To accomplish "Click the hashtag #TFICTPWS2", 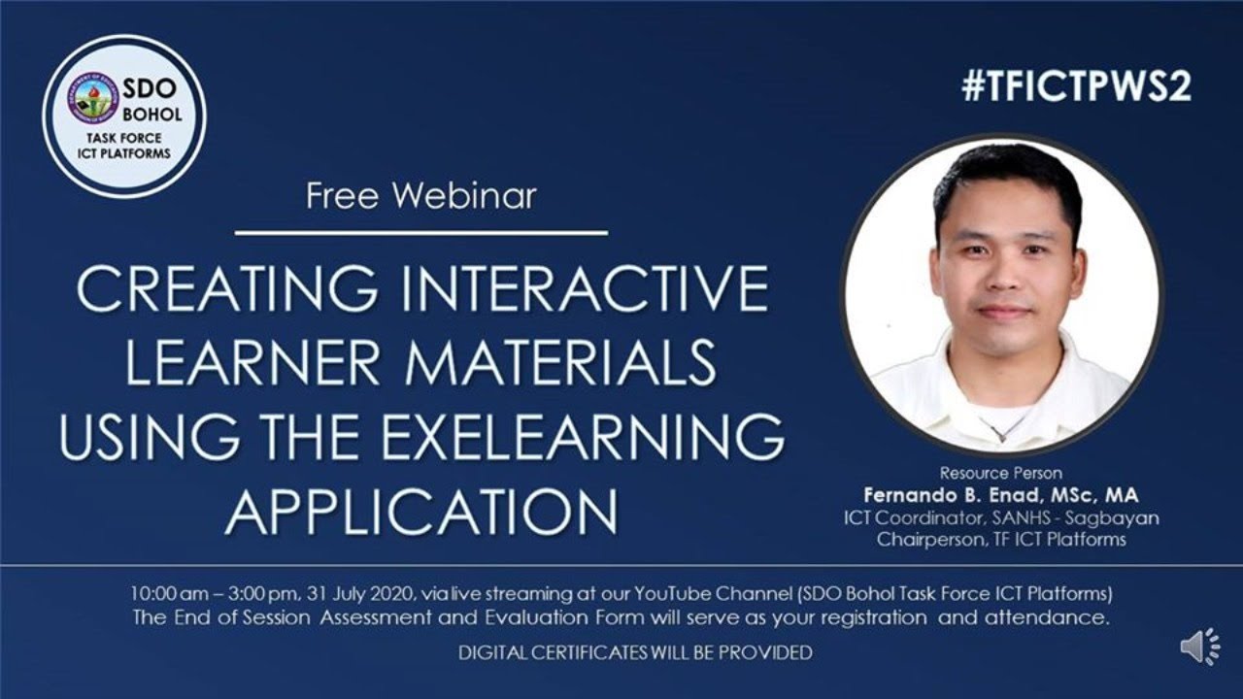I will (x=1077, y=87).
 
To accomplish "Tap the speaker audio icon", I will (x=1200, y=647).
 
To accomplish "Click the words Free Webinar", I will (x=420, y=196).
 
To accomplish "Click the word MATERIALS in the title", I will (x=560, y=364).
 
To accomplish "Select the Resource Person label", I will (x=1000, y=474).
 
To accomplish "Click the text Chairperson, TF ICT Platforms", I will (x=1001, y=540).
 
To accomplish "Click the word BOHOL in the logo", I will (x=151, y=115).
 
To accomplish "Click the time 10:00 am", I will (x=166, y=593).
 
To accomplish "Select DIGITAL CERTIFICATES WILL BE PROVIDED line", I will (x=635, y=653).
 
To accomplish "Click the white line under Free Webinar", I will (x=420, y=233).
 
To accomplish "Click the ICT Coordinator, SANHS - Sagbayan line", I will (x=1001, y=518).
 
